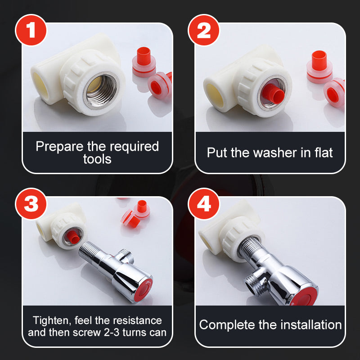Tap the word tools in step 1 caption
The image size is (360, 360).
click(x=97, y=159)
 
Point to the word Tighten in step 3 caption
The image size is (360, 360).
click(x=50, y=321)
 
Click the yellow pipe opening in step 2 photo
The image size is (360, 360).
click(x=215, y=92)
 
